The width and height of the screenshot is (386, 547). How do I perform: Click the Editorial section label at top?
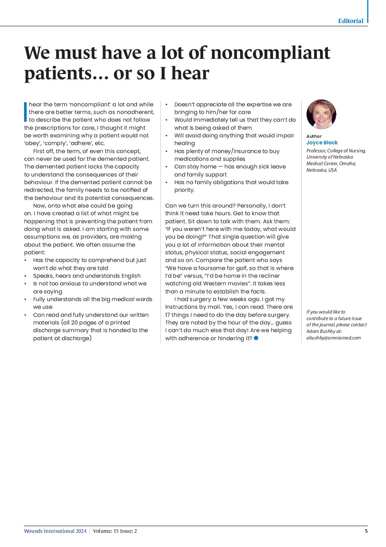coord(351,21)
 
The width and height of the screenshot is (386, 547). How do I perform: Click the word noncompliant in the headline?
coord(270,53)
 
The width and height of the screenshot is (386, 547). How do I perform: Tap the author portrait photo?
coord(321,114)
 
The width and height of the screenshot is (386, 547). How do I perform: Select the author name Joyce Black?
coord(322,143)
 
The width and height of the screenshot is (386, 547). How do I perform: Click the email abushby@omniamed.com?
coord(333,338)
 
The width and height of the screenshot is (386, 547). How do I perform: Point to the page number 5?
coord(366,531)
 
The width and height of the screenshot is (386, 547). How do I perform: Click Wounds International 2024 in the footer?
coord(55,531)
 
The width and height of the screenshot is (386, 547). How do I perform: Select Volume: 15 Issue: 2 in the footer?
coord(115,531)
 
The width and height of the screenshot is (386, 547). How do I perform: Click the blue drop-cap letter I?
coord(26,112)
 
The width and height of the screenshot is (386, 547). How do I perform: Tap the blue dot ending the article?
coord(256,338)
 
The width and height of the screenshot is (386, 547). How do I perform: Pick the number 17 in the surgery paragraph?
coord(168,315)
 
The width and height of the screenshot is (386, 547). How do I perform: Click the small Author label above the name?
coord(314,136)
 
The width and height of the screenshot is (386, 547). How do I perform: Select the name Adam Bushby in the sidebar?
coord(319,331)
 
